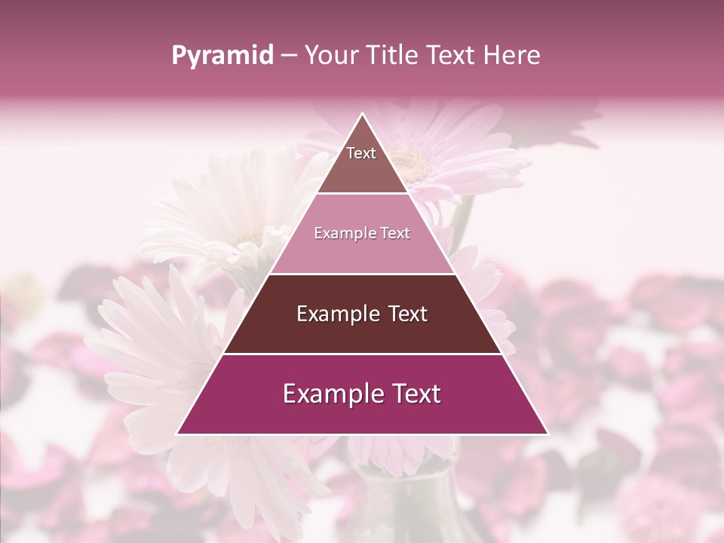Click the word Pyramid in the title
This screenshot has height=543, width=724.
pos(222,56)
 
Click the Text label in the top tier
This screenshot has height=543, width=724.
pos(361,153)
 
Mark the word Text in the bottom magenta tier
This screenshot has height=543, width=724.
pos(416,394)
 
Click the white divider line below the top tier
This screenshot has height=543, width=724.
pos(363,194)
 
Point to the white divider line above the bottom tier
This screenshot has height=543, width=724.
pos(363,354)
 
